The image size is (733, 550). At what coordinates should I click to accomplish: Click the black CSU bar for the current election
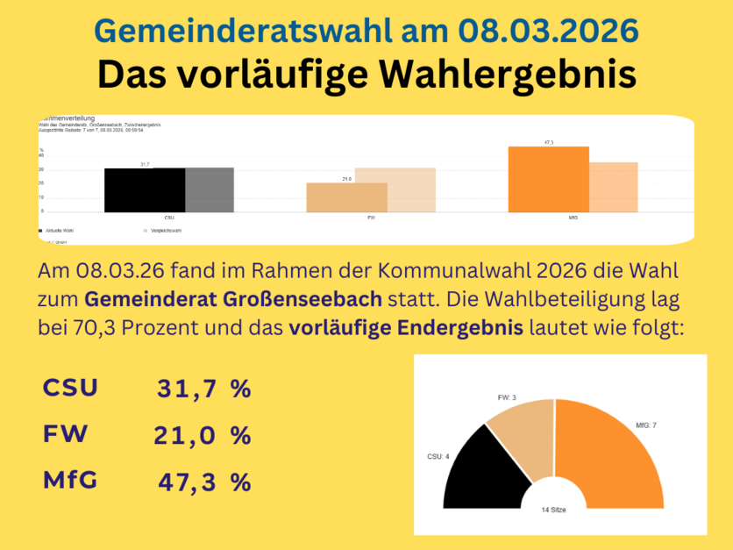tap(145, 189)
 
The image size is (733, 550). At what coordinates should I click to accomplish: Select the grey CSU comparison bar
tap(210, 189)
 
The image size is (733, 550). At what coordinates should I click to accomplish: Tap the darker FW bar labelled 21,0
tap(346, 197)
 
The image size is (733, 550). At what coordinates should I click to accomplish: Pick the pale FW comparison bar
tap(395, 189)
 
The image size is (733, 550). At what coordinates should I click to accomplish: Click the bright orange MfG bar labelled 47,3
tap(548, 179)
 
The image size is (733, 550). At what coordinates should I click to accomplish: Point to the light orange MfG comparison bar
tap(613, 187)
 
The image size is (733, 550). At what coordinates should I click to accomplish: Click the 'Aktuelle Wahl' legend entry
tap(60, 231)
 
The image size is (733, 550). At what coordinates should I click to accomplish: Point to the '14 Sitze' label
tap(553, 509)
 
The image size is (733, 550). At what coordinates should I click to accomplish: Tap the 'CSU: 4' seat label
tap(438, 456)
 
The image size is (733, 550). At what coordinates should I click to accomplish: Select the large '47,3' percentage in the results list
tap(187, 482)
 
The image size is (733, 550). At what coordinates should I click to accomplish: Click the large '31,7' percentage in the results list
tap(186, 389)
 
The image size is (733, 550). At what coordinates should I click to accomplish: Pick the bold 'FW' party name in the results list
tap(65, 434)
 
